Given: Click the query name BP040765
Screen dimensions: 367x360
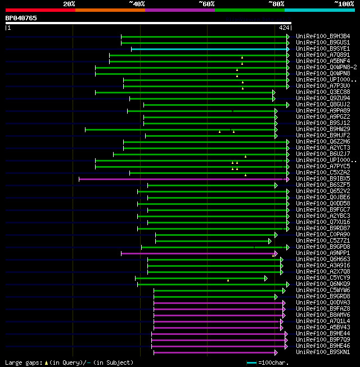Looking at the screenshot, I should [21, 18].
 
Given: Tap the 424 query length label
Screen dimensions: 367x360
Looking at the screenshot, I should [284, 27].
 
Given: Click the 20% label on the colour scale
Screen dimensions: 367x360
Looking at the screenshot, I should [69, 4].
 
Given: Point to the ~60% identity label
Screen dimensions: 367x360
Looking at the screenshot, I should [206, 4].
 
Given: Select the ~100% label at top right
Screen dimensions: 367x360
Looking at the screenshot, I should [344, 4].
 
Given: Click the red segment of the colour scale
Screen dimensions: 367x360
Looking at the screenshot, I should [40, 10].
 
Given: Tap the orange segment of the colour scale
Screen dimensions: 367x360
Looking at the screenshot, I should [110, 10].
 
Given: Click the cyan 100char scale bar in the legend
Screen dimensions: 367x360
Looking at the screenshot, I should [251, 362].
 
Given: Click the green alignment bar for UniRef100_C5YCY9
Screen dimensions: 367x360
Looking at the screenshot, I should [200, 278].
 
